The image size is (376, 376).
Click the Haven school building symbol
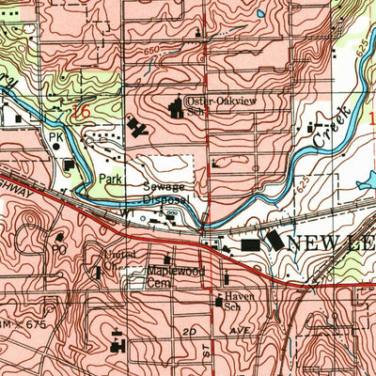(218, 304)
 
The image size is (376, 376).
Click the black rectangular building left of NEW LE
(250, 244)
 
